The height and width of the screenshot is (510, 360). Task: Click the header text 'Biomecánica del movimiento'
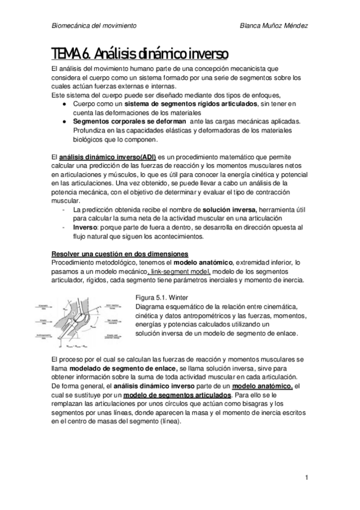[x=94, y=26]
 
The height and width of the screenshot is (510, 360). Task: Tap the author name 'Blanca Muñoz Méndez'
[x=273, y=26]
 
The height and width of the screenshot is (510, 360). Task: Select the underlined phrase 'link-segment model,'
[x=180, y=272]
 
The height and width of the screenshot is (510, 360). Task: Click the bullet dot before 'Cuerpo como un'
[x=65, y=104]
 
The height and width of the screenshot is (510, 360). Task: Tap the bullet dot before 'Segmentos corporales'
[x=65, y=120]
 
